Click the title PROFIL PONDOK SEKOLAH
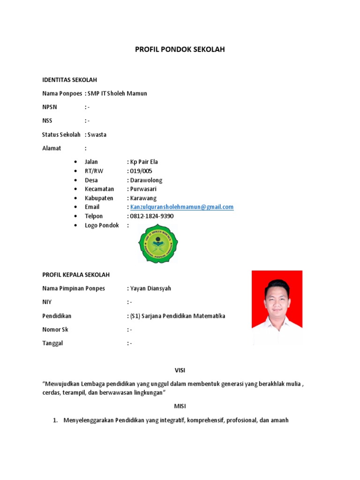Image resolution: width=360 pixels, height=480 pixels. (x=180, y=49)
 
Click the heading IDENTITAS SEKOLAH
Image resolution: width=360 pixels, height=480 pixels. (x=69, y=80)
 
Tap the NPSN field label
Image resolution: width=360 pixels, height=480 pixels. (x=49, y=107)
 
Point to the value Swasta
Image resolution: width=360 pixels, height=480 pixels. (x=97, y=135)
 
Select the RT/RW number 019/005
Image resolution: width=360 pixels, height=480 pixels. (x=141, y=171)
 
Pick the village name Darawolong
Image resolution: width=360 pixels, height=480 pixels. (x=146, y=180)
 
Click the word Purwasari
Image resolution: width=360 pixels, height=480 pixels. (x=143, y=189)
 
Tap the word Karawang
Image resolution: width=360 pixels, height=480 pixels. (x=143, y=198)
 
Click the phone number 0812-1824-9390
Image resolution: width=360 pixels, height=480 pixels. (x=152, y=216)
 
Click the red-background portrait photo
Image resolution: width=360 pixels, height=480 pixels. (x=277, y=307)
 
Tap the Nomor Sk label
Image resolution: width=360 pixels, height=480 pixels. (x=55, y=330)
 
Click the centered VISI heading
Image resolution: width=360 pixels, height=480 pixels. (x=180, y=370)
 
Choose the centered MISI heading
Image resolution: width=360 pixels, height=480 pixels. (x=180, y=406)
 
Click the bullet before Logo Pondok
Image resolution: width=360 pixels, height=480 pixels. (x=76, y=225)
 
